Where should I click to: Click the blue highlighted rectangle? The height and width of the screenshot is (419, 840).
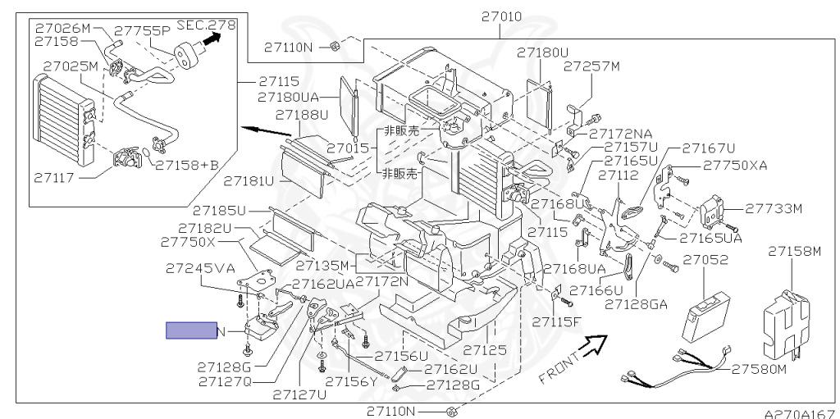[x=190, y=330]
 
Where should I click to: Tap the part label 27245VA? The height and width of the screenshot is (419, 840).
[x=199, y=268]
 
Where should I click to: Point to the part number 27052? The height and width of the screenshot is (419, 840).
[x=706, y=260]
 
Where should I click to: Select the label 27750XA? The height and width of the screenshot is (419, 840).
[x=736, y=166]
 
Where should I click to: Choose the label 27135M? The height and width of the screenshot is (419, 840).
[x=323, y=266]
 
